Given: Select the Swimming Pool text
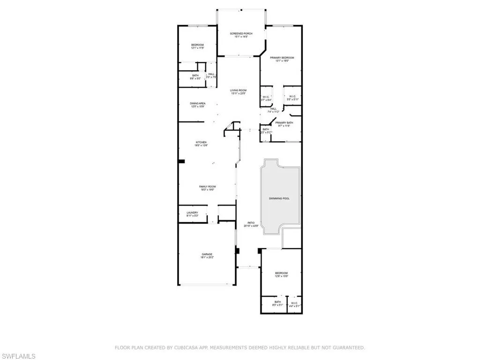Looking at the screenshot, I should click(279, 198).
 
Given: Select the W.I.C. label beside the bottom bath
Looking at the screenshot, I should click(294, 303).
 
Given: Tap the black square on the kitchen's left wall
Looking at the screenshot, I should click(181, 162).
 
